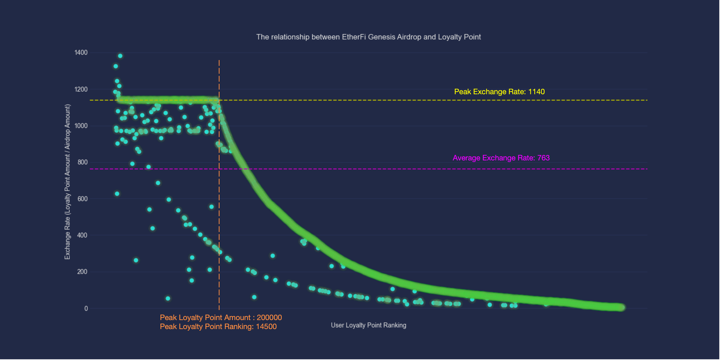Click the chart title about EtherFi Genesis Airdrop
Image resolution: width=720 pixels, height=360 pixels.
[368, 37]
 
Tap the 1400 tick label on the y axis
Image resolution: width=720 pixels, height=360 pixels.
[81, 53]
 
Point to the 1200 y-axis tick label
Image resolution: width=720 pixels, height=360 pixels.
[81, 89]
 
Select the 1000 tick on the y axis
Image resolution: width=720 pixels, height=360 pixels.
[81, 126]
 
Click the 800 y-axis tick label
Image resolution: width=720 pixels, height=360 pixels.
[82, 162]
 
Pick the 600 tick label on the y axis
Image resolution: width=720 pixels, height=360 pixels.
[82, 199]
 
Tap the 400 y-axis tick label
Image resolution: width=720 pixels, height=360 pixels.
[82, 235]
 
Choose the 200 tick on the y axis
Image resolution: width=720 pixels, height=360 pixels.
[82, 272]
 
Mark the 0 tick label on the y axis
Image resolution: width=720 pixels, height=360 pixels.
[86, 309]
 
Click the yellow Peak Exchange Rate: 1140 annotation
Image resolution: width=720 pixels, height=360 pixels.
[499, 92]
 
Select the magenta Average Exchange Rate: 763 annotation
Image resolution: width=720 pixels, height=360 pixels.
[501, 158]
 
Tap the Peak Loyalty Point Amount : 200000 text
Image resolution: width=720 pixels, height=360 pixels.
[221, 318]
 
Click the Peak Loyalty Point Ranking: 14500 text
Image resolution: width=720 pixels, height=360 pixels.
[218, 327]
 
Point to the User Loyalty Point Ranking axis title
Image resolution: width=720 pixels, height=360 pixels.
[368, 325]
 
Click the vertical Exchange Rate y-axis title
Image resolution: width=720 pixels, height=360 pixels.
[68, 182]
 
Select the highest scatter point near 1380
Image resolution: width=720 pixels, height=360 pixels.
[120, 56]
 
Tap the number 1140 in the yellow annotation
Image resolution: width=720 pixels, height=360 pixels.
[536, 92]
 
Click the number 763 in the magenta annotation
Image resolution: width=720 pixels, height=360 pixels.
[543, 158]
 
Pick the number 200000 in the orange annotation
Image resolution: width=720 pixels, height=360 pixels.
[269, 318]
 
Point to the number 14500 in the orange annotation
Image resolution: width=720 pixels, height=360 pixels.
[266, 327]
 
